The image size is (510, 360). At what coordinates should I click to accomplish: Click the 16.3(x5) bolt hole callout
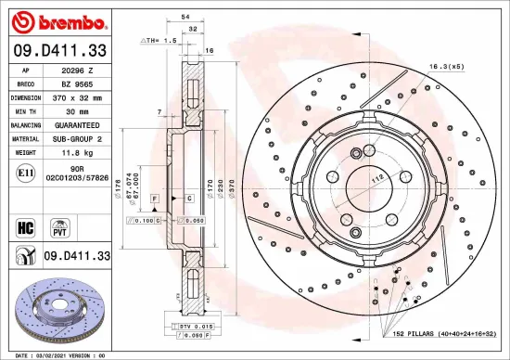(446, 67)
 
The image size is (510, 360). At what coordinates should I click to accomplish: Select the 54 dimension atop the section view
(185, 18)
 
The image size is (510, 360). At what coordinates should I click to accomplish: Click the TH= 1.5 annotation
(159, 42)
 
